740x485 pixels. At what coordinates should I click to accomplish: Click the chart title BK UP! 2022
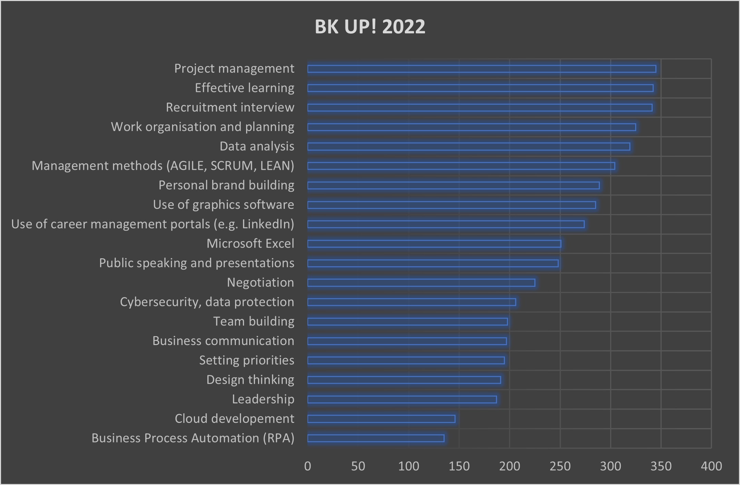tap(370, 26)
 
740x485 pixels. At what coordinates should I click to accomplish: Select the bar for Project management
tap(482, 69)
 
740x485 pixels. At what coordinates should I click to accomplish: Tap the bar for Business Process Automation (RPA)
tap(376, 438)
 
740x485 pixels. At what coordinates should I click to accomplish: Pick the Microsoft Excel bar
tap(434, 244)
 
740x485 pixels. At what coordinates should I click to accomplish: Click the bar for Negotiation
tap(421, 283)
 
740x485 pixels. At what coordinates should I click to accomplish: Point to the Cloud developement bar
tap(381, 419)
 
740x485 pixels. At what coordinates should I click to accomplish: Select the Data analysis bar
tap(469, 147)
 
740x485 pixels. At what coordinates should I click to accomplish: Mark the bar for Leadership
tap(402, 399)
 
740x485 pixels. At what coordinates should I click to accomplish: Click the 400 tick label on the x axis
tap(711, 466)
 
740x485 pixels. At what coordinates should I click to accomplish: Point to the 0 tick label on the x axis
tap(307, 466)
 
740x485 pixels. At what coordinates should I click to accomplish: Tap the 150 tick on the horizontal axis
tap(459, 466)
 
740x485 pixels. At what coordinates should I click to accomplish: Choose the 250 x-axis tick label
tap(560, 466)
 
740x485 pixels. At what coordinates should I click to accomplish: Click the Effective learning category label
tap(244, 88)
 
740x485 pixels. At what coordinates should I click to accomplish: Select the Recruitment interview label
tap(230, 107)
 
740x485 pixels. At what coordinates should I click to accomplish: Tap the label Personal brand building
tap(226, 185)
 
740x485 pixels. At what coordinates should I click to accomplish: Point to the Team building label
tap(254, 321)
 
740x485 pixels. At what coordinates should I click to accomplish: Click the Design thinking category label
tap(250, 380)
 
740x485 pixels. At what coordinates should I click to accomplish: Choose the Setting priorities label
tap(247, 360)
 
